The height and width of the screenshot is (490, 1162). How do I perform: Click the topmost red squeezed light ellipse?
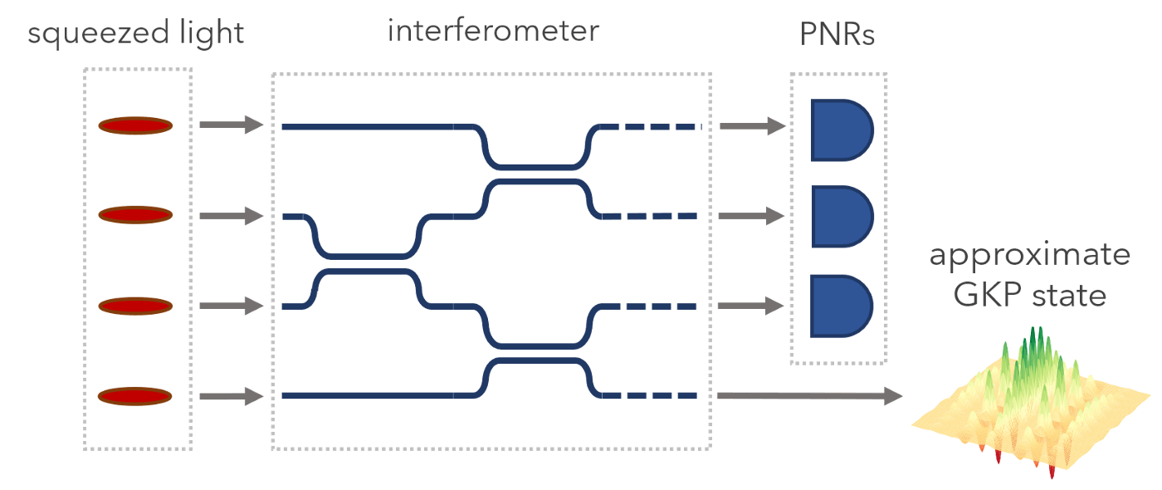tap(135, 125)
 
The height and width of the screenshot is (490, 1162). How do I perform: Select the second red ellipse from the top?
tap(135, 215)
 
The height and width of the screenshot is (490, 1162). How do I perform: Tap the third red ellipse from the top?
tap(135, 306)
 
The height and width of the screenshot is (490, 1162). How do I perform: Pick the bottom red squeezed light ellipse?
tap(135, 396)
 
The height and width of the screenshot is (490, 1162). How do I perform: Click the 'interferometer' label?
tap(493, 32)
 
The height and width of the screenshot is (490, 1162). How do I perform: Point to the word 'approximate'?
tap(1030, 256)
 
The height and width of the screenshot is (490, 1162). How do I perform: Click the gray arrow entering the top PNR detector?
tap(752, 126)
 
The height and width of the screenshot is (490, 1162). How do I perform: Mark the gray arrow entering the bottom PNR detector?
tap(752, 306)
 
